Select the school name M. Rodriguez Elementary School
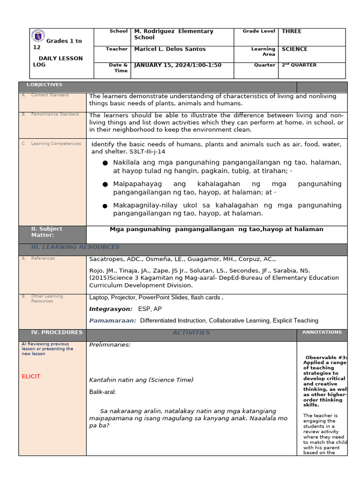pos(173,34)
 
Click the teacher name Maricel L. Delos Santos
pos(170,49)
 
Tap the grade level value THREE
pos(291,31)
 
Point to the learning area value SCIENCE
pos(294,49)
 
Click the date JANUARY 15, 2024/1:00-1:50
pos(178,65)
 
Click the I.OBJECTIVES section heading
pos(45,85)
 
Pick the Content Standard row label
pos(49,95)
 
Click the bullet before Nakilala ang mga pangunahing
pos(105,163)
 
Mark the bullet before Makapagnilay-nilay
pos(105,206)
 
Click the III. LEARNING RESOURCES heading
pos(75,247)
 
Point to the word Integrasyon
pos(111,309)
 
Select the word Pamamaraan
pos(112,321)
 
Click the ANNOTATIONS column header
pos(322,332)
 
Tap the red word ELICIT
pos(31,376)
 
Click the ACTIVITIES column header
pos(191,333)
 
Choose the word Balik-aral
pos(102,391)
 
